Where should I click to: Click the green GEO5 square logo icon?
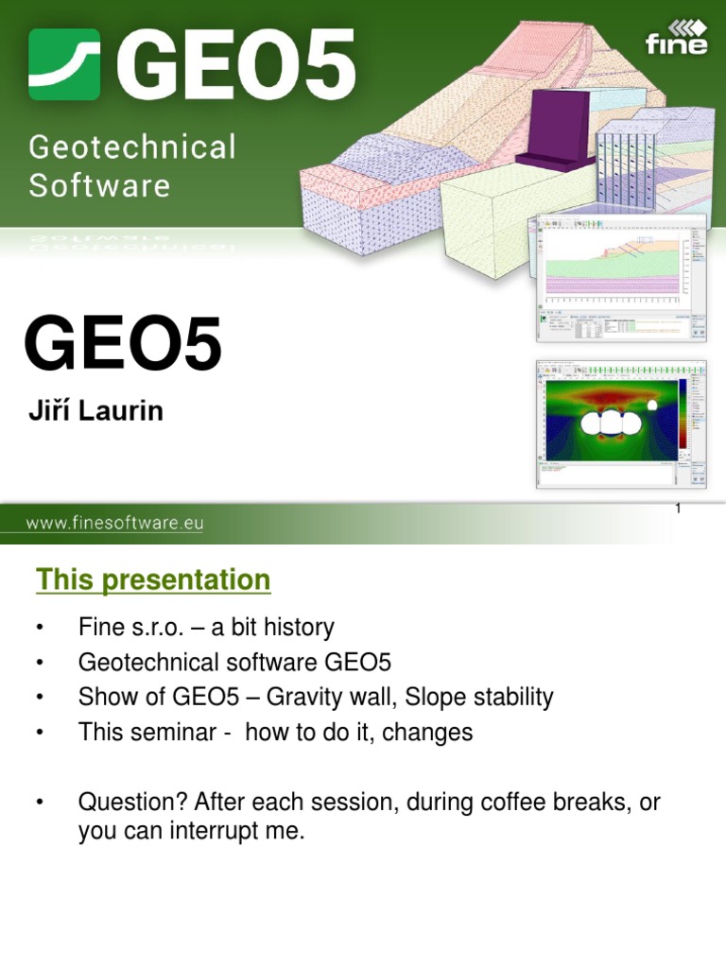click(x=64, y=64)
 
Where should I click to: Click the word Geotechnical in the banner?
click(x=132, y=148)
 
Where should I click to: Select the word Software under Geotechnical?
click(x=99, y=184)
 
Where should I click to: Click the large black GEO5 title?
click(x=123, y=346)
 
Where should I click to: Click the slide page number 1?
click(x=678, y=510)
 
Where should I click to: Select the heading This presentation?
click(x=153, y=579)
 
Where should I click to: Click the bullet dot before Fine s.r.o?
click(x=40, y=629)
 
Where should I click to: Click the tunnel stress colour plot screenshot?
click(x=621, y=424)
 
